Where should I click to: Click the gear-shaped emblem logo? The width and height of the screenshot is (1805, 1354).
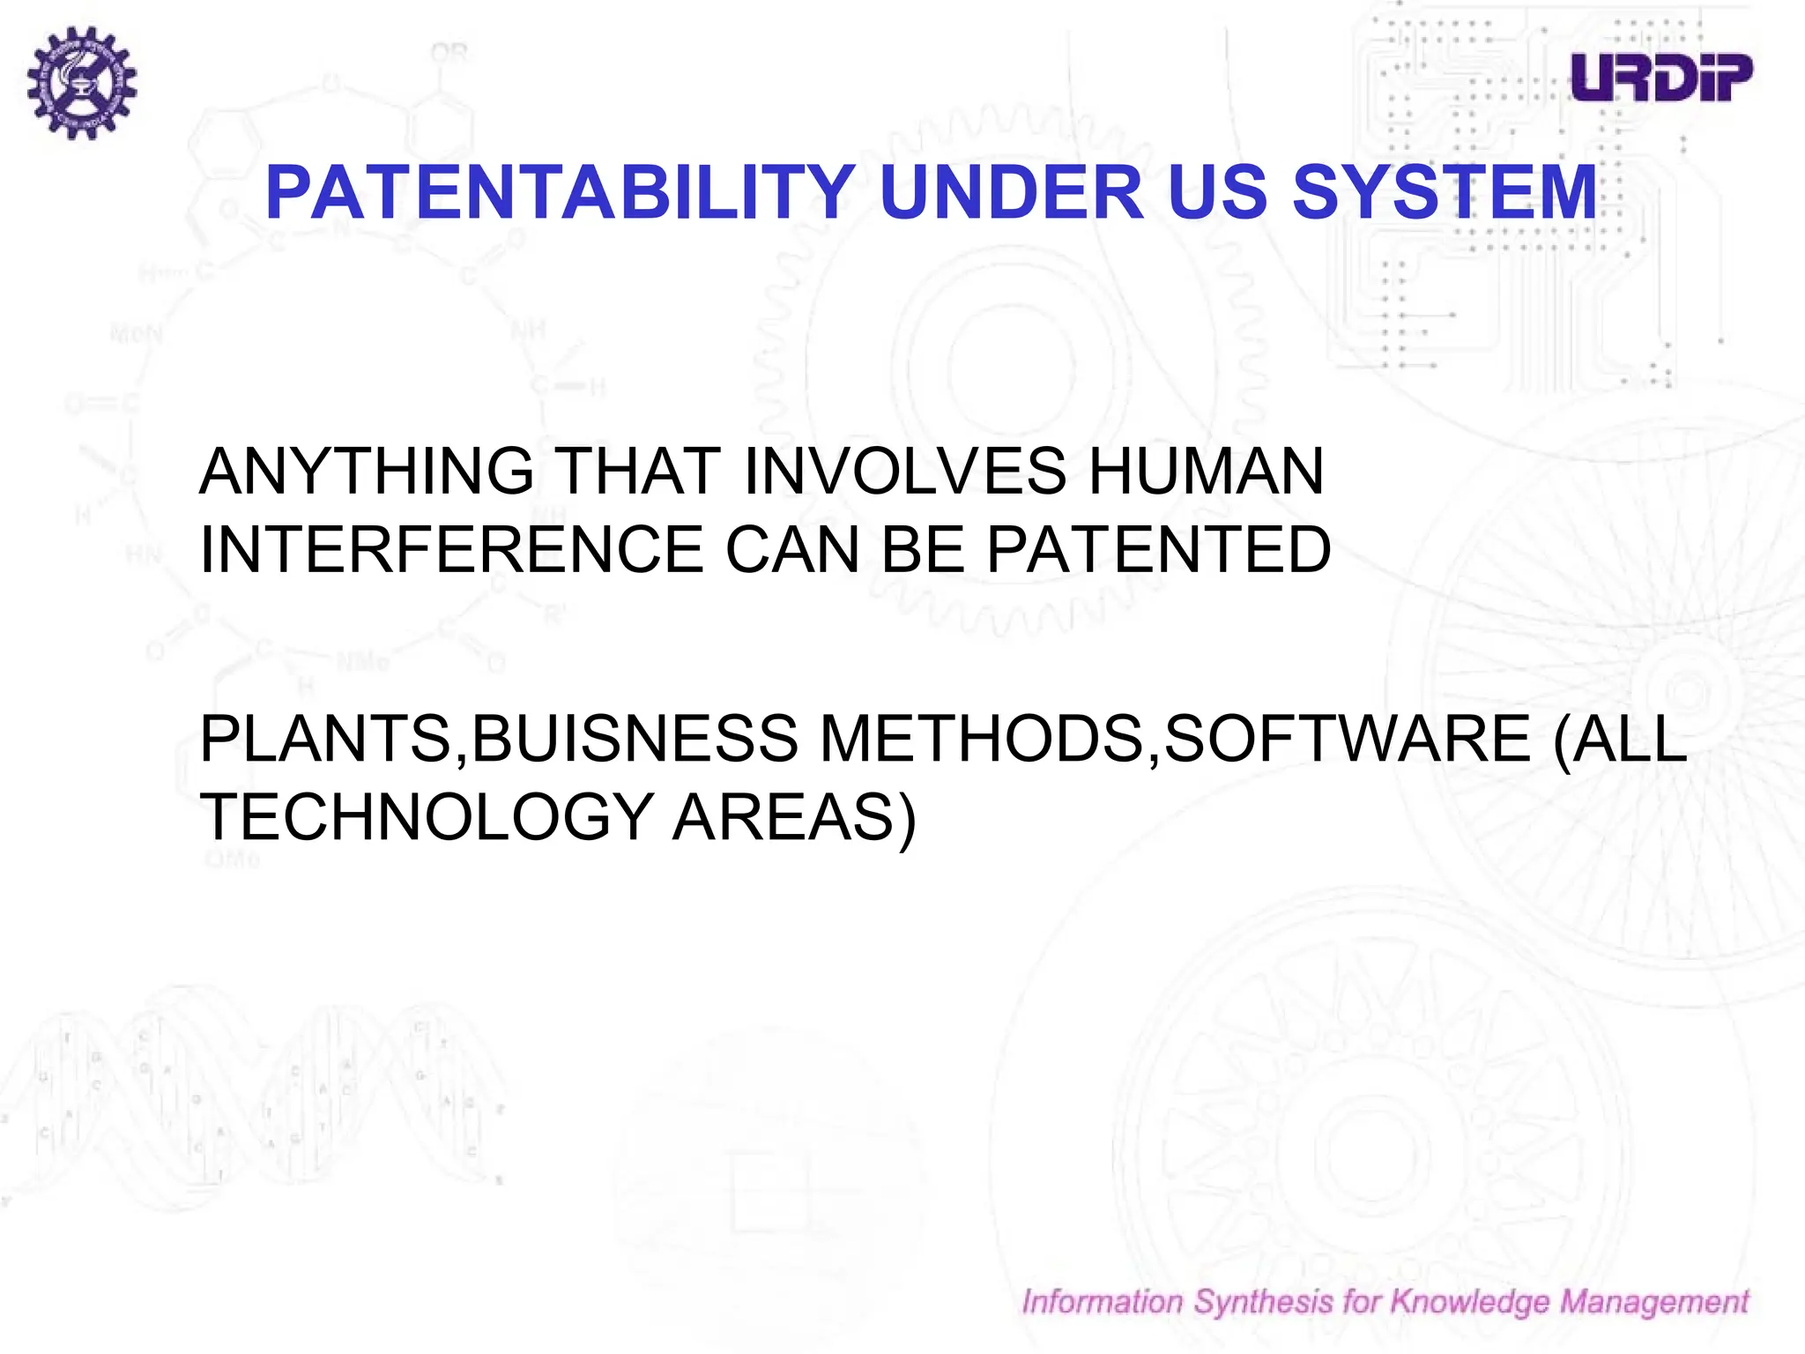[81, 82]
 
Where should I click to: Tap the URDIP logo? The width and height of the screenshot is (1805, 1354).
[1661, 78]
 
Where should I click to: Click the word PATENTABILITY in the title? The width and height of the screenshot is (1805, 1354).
[559, 193]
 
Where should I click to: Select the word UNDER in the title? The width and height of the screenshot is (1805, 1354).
[1011, 193]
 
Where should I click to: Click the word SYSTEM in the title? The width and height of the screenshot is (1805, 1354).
[1444, 193]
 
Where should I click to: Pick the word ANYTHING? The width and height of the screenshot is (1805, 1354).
[367, 472]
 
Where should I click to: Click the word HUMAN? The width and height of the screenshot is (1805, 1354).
[1206, 472]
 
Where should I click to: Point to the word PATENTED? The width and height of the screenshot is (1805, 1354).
[1158, 549]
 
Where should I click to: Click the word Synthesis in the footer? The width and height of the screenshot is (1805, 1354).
[1263, 1302]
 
